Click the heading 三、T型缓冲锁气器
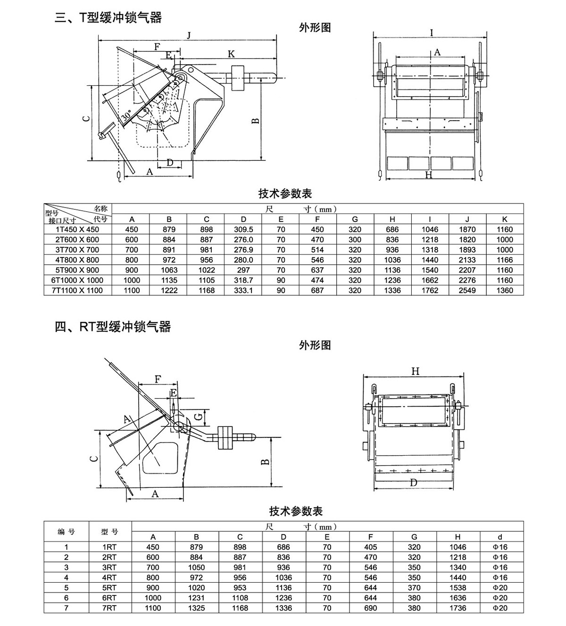click(108, 18)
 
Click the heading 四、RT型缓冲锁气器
click(113, 326)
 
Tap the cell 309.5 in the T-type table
click(243, 229)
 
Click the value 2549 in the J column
click(467, 291)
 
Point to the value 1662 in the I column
click(430, 280)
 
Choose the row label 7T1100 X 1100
click(77, 291)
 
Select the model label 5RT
click(109, 588)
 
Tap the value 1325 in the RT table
click(196, 608)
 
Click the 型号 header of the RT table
click(109, 532)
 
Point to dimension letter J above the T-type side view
click(189, 35)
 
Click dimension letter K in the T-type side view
click(231, 54)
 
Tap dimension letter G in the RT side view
click(199, 416)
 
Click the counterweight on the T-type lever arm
click(237, 78)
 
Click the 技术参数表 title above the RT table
click(296, 511)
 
